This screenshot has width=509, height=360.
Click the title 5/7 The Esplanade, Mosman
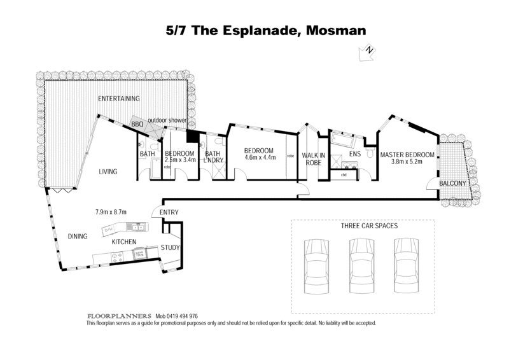point(254,29)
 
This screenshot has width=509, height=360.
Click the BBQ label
point(137,124)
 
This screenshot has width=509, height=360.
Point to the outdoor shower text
point(167,120)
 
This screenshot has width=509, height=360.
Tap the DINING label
point(77,237)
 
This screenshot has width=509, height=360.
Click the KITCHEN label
point(125,243)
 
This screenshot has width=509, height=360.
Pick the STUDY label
point(170,247)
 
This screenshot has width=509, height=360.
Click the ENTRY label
point(169,212)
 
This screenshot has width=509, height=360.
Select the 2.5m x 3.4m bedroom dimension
point(179,160)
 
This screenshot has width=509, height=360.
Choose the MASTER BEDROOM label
point(407,155)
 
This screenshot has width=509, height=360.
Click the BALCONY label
point(454,184)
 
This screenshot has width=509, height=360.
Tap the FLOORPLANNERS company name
point(119,315)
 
